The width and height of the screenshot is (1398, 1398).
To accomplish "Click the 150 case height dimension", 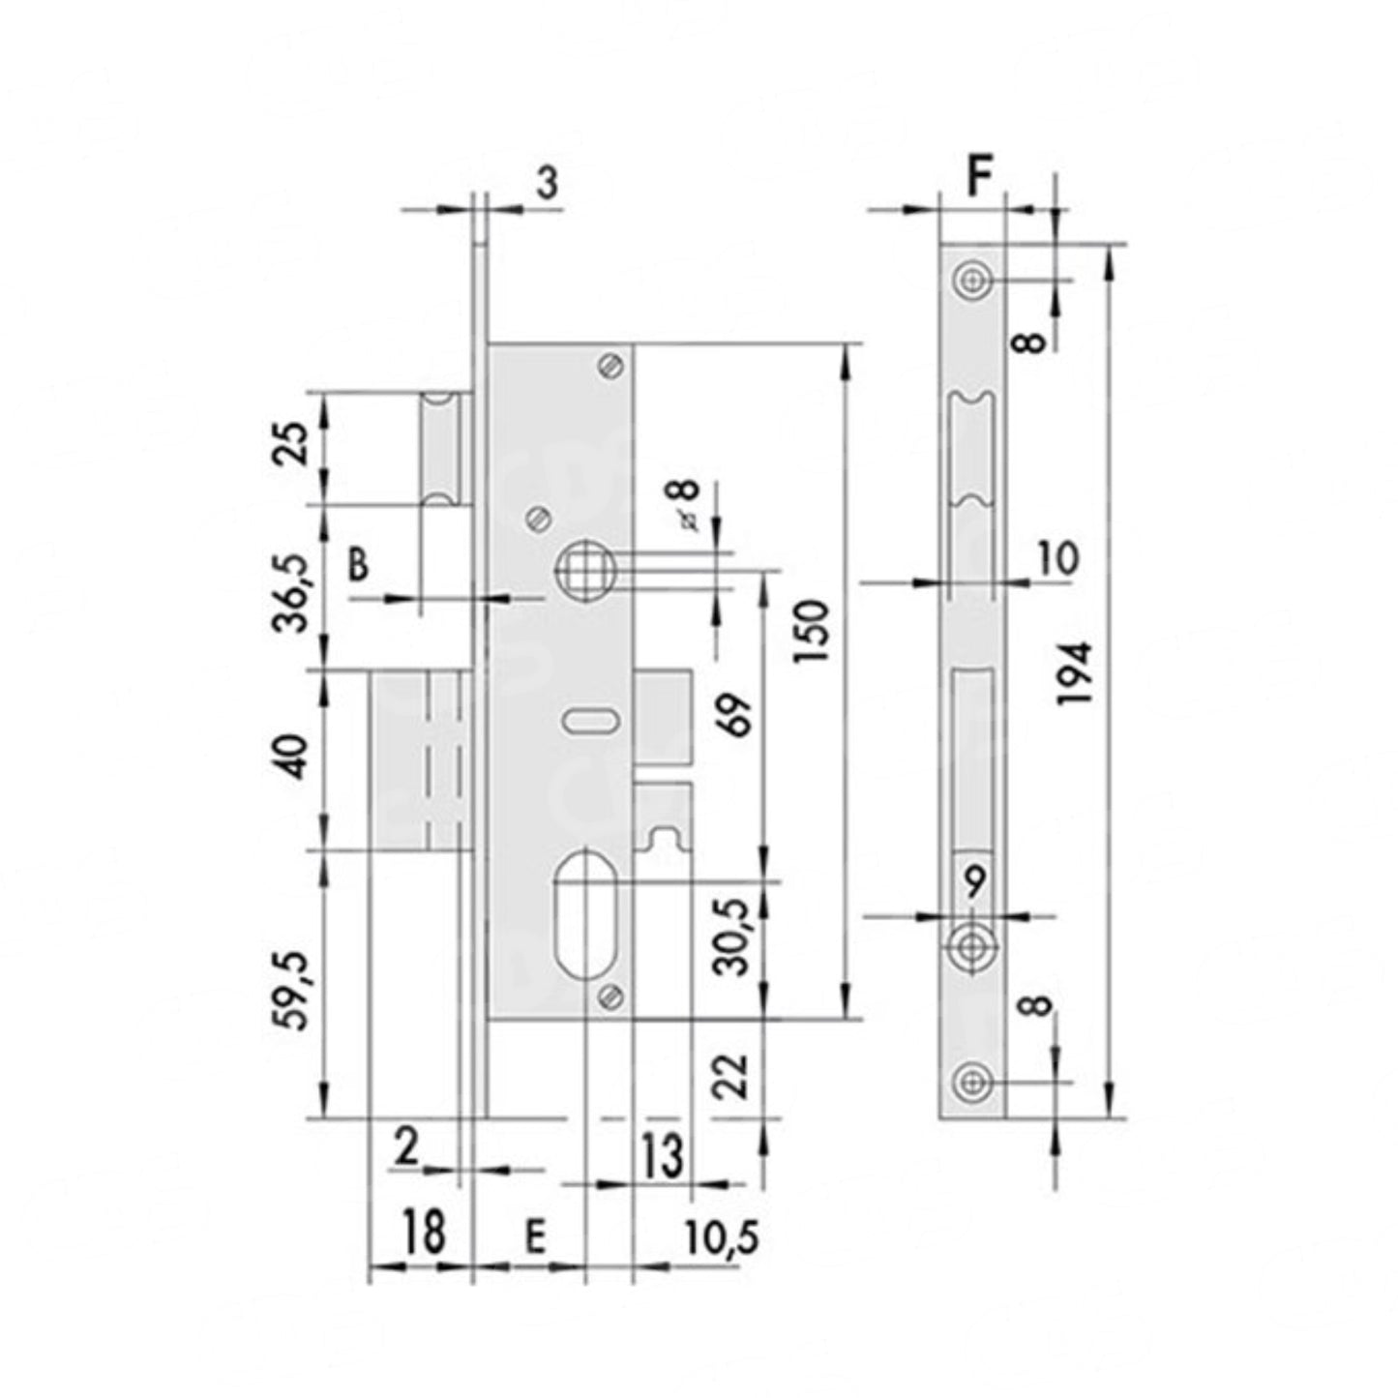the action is point(811,631).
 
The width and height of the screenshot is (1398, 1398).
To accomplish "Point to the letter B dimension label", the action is point(358,564).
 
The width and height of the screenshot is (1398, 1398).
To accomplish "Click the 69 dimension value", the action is point(735,715).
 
